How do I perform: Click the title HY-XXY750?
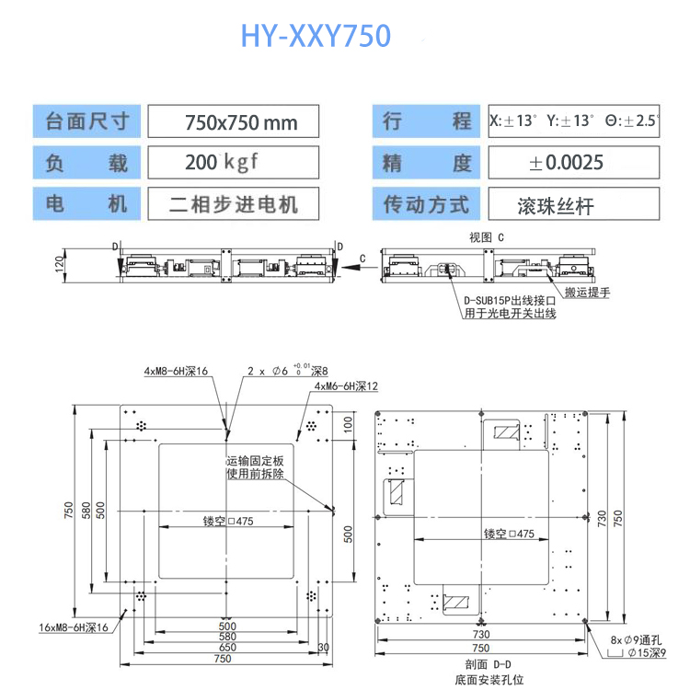pyautogui.click(x=316, y=36)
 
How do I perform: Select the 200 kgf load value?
pyautogui.click(x=222, y=163)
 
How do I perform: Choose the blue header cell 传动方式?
pyautogui.click(x=426, y=204)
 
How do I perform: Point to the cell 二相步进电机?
pyautogui.click(x=235, y=203)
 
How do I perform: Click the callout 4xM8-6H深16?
pyautogui.click(x=176, y=372)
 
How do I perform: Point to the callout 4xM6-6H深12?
pyautogui.click(x=346, y=386)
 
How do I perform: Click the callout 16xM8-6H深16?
pyautogui.click(x=74, y=627)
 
